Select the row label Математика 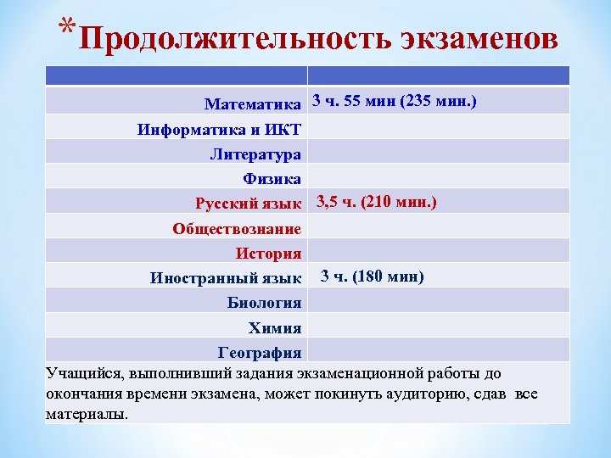tap(253, 104)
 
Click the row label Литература tap(255, 154)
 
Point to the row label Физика tap(272, 179)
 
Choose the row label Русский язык tap(248, 204)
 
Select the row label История tap(268, 253)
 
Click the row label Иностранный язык tap(226, 278)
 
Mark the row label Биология tap(264, 303)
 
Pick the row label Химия tap(274, 327)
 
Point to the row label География tap(260, 352)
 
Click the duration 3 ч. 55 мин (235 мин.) tap(395, 101)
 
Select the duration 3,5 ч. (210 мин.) tap(377, 202)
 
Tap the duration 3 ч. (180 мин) tap(372, 276)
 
